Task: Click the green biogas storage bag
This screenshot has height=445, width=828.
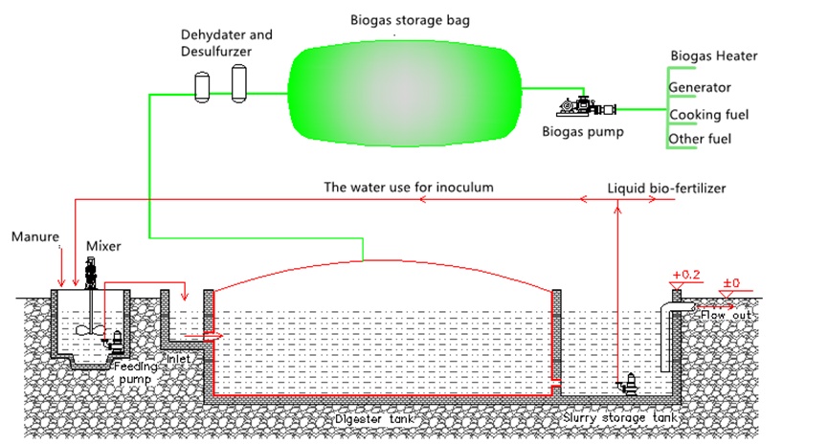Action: [x=405, y=96]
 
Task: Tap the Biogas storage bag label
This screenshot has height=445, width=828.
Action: [x=410, y=21]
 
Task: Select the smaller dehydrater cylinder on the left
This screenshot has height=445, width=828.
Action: [x=202, y=87]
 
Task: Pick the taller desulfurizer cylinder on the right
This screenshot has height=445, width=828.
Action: [x=238, y=83]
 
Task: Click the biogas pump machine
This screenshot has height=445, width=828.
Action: [x=586, y=106]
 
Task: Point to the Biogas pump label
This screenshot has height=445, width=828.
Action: [x=582, y=131]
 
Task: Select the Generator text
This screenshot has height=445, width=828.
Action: [x=700, y=88]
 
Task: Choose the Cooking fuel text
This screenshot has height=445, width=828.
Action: [x=708, y=115]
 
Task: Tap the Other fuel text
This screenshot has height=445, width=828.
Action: [x=700, y=139]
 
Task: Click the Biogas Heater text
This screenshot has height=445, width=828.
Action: [x=714, y=56]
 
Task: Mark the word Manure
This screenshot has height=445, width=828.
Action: [x=34, y=236]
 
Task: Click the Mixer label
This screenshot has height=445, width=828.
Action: [x=103, y=246]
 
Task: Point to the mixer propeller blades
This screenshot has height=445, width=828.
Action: [x=91, y=330]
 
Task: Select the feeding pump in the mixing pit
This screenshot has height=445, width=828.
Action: [x=114, y=341]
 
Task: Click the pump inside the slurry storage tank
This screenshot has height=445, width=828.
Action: [x=627, y=384]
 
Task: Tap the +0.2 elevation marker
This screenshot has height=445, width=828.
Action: [x=686, y=275]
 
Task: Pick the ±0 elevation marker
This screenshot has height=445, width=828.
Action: [x=731, y=283]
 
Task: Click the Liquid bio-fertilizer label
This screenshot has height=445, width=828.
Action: [x=666, y=189]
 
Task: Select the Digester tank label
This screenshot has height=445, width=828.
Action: [x=374, y=419]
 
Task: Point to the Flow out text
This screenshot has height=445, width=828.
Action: [x=726, y=315]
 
